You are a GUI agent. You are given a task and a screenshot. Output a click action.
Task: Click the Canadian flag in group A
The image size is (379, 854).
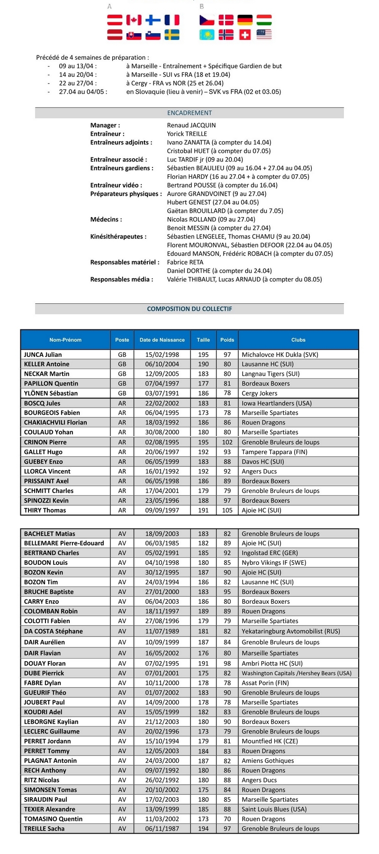[134, 19]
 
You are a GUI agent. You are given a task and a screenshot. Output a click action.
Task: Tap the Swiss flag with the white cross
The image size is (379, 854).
[245, 35]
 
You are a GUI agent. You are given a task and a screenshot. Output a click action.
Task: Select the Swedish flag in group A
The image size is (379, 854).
[172, 35]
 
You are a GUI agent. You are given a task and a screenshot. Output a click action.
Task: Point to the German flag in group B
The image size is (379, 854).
[245, 19]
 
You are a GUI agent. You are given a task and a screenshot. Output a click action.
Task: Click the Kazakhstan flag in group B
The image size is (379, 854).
[207, 35]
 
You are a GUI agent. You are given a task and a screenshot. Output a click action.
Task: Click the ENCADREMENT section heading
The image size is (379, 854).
[189, 113]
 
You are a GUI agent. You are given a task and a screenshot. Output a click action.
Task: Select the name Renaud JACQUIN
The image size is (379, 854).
[191, 125]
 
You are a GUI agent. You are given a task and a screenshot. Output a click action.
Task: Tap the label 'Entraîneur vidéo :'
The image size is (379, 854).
[116, 185]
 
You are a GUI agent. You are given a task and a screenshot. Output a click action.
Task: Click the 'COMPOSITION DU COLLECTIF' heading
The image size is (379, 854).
[189, 309]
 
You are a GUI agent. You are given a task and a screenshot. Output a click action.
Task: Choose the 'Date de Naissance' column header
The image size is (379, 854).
[162, 340]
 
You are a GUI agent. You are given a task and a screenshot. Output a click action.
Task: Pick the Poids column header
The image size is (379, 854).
[227, 340]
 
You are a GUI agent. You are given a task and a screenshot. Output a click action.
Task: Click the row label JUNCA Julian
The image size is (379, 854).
[43, 354]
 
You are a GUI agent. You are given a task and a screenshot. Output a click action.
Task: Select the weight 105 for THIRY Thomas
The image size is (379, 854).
[227, 510]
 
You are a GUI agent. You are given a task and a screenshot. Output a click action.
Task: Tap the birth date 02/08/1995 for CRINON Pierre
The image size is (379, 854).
[162, 442]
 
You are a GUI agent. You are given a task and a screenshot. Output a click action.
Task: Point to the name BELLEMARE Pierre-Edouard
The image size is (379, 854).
[64, 543]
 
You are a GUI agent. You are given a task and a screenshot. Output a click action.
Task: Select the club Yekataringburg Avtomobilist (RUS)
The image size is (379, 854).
[290, 631]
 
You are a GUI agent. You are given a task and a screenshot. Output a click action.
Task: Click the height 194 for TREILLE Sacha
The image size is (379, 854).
[203, 828]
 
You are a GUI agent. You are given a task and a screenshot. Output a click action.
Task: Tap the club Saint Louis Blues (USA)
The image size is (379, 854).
[274, 809]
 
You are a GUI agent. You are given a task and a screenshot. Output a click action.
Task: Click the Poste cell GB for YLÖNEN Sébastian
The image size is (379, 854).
[122, 393]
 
